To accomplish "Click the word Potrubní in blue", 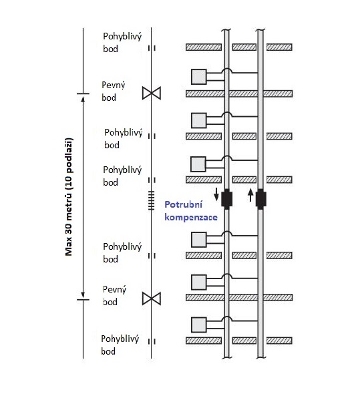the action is [x=184, y=204].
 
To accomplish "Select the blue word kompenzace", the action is [x=191, y=217].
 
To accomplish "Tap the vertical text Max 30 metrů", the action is [x=69, y=219].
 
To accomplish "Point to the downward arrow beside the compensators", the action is [x=216, y=194].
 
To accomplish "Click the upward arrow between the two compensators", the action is [x=250, y=195].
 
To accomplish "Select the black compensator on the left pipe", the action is [x=226, y=199].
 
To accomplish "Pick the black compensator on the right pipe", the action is [x=260, y=199].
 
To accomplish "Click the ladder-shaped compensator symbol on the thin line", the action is [x=152, y=200].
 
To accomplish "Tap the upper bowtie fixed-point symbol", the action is [x=152, y=93].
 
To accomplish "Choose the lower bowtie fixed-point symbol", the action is [x=152, y=298].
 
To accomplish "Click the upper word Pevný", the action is [x=114, y=85].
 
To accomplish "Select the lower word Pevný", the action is [x=114, y=290].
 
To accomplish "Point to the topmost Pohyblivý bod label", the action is [x=122, y=42].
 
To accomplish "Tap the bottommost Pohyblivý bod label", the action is [x=120, y=345].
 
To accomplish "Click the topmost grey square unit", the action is [x=199, y=76].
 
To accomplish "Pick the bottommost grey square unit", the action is [x=199, y=325].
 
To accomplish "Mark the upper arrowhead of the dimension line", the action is [x=83, y=99].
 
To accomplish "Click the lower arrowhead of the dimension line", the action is [x=83, y=294].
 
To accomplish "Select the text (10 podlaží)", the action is [x=69, y=159].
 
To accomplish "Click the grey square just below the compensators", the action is [x=199, y=239].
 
